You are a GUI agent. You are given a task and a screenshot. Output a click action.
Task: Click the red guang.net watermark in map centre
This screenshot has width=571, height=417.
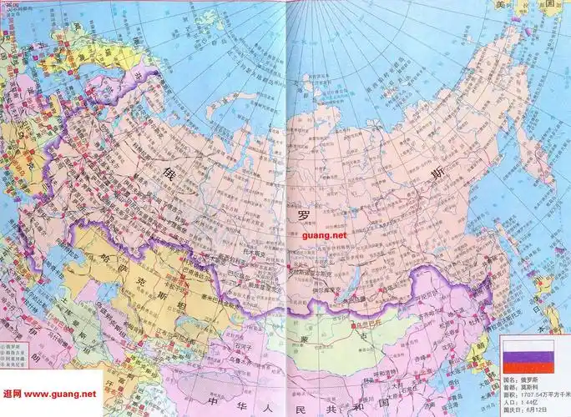326,236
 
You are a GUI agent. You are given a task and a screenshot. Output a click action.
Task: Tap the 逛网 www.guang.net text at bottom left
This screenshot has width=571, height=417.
49,394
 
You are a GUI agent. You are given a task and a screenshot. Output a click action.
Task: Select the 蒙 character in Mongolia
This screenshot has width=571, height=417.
305,337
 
